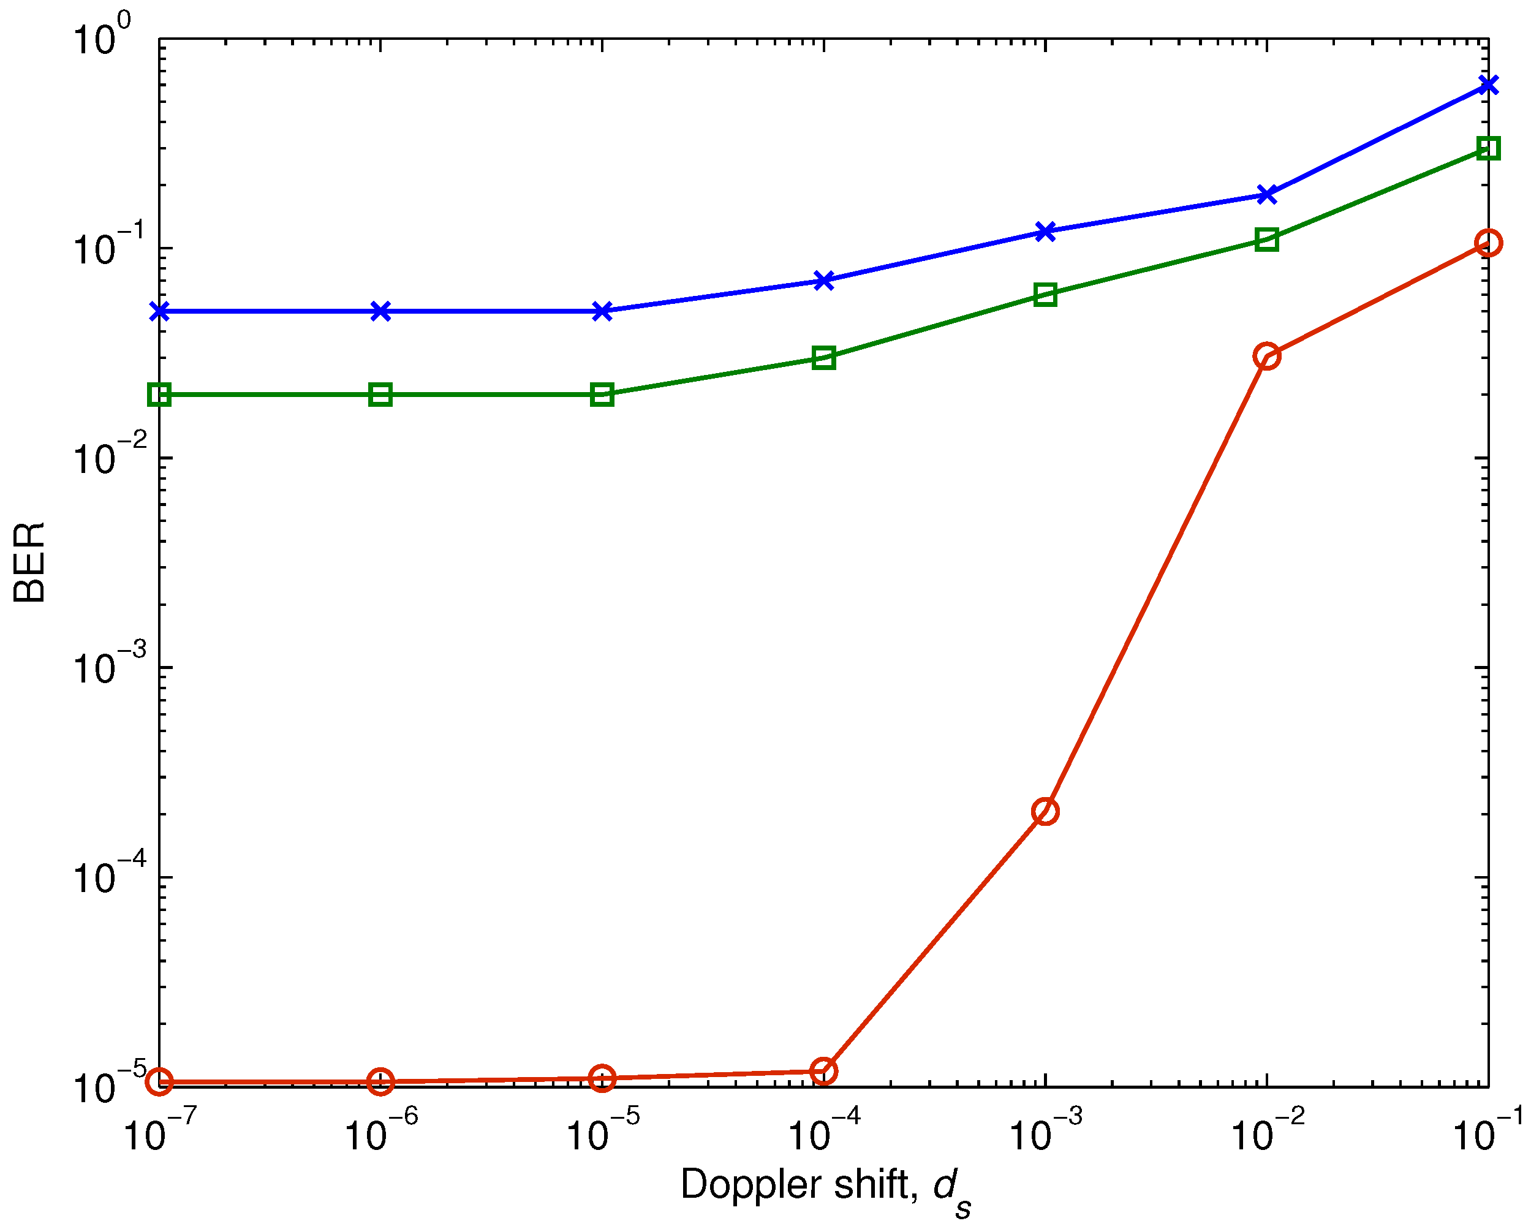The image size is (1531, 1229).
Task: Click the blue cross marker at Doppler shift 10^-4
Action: [824, 281]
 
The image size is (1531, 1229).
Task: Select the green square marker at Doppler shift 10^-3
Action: [1045, 295]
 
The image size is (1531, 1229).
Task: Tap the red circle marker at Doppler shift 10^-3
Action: [1045, 811]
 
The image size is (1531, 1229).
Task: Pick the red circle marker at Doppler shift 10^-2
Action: [1267, 356]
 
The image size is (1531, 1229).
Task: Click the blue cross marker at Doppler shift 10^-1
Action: [1488, 86]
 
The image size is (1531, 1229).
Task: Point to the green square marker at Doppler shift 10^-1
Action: [1488, 148]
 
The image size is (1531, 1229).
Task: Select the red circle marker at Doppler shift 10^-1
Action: [1488, 243]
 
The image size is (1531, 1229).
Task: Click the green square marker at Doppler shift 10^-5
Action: [602, 395]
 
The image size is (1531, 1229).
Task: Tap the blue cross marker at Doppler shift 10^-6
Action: [380, 311]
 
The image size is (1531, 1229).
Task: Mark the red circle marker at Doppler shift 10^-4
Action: [824, 1071]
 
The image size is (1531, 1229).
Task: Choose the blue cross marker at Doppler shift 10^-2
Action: [1267, 195]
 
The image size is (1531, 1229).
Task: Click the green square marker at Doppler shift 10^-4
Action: [824, 358]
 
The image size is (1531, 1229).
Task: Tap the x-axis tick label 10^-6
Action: [380, 1134]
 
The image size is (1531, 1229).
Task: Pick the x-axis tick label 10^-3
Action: [1045, 1134]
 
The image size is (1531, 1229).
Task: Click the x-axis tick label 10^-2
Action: [1267, 1134]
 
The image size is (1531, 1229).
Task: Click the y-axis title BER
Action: [30, 562]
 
